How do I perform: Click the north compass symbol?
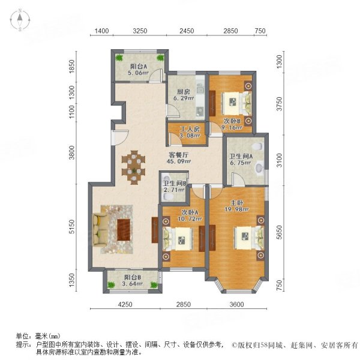point(20,20)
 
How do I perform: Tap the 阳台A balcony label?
point(139,67)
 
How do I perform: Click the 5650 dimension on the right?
point(278,232)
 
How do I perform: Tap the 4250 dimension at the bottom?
point(124,305)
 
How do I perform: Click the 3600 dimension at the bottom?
point(236,305)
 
